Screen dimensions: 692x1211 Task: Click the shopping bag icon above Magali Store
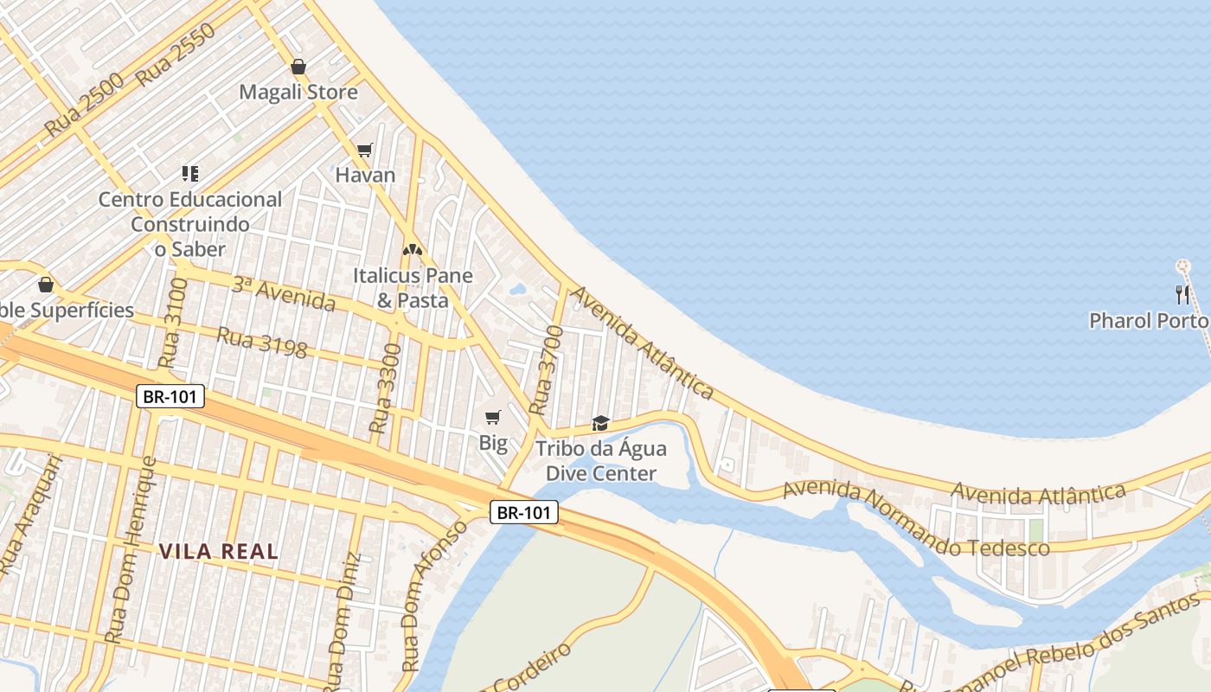[298, 67]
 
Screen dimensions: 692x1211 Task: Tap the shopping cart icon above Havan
[364, 150]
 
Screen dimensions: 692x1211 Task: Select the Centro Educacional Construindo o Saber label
[190, 224]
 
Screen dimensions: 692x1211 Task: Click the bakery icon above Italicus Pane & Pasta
[413, 250]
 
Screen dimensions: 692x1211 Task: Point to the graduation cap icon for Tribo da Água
[600, 423]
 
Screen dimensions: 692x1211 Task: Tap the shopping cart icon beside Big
[493, 418]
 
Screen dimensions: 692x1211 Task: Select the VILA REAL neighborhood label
[219, 551]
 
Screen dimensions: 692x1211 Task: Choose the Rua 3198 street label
[262, 342]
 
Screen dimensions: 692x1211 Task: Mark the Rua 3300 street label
[385, 388]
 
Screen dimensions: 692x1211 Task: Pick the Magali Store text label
[298, 92]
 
